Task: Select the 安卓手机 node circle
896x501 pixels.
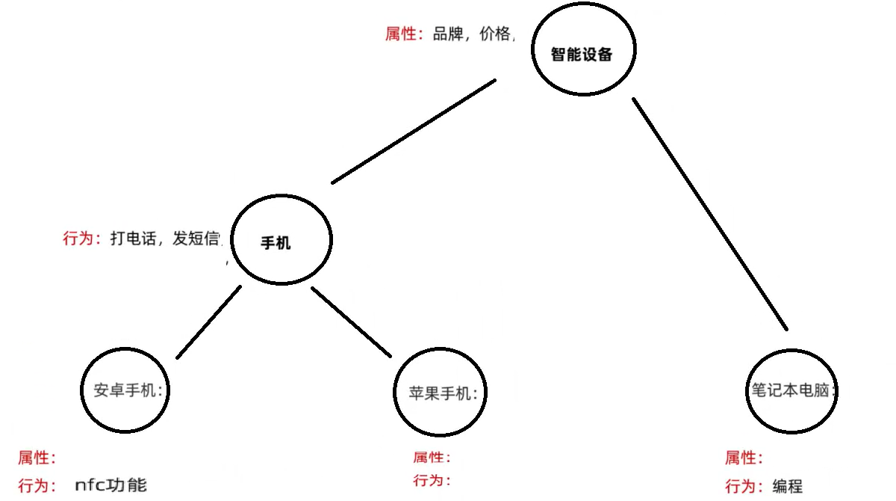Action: [x=125, y=390]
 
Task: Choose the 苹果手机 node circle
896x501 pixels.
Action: [x=440, y=393]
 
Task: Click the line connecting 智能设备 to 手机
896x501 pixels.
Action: [x=414, y=131]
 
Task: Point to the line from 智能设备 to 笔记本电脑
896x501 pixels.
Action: [x=709, y=213]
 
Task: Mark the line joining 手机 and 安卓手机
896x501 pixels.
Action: [x=208, y=322]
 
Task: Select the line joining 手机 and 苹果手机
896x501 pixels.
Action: [x=351, y=322]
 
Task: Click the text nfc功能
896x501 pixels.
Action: [x=111, y=485]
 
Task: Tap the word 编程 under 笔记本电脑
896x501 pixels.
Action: [x=788, y=486]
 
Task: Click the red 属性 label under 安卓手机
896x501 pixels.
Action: [x=37, y=458]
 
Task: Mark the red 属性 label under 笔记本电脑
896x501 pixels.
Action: [x=744, y=458]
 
